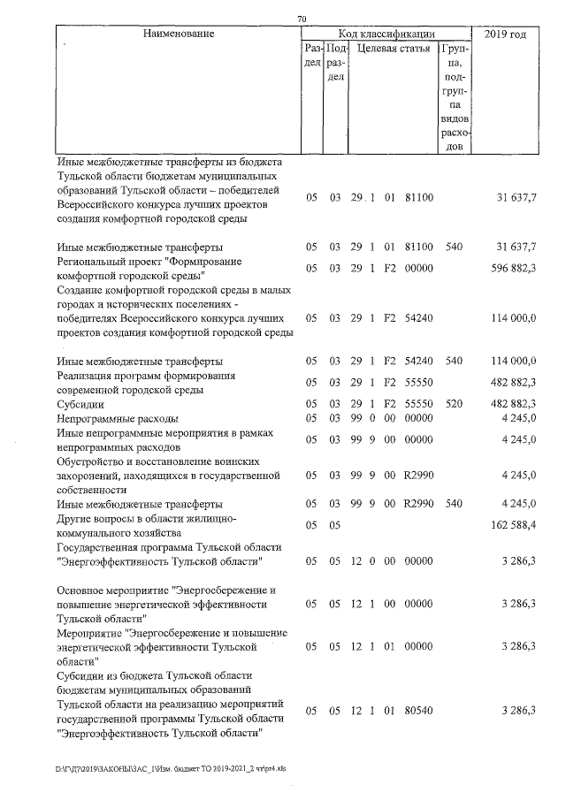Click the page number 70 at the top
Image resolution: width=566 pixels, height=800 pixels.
302,19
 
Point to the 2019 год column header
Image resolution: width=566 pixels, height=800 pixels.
507,34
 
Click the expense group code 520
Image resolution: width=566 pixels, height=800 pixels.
455,403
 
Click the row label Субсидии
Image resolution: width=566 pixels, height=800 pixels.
77,403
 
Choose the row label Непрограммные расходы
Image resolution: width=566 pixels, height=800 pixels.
118,417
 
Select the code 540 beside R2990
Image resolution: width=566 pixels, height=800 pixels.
455,504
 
